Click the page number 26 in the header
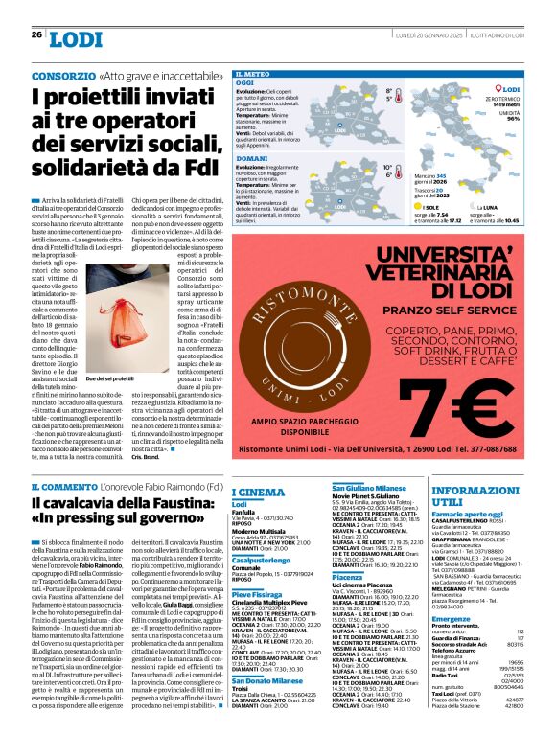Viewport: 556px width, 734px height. point(36,34)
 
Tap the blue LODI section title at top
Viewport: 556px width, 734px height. point(76,38)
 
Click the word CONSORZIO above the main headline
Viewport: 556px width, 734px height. point(63,74)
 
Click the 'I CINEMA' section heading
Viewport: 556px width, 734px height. point(258,492)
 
